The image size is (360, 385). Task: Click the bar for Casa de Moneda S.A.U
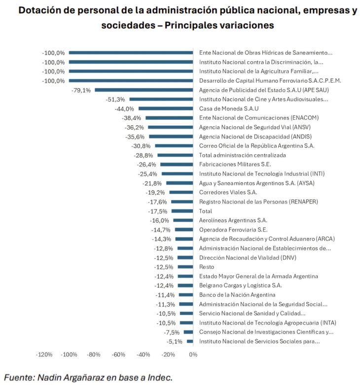click(166, 109)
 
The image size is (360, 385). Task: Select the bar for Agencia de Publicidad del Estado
click(144, 90)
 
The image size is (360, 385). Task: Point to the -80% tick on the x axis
click(94, 354)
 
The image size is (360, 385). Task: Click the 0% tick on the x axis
click(193, 354)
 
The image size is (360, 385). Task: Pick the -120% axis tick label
click(44, 354)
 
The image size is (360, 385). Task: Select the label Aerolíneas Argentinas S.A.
click(233, 220)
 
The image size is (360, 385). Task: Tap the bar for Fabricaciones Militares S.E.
click(177, 165)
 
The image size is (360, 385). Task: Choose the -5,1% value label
click(175, 341)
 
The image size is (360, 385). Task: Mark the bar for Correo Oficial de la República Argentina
click(174, 146)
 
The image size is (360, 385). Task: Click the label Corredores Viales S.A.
click(228, 192)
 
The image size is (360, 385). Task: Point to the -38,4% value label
click(132, 118)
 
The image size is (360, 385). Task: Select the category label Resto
click(207, 267)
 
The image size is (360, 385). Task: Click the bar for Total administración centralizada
click(175, 155)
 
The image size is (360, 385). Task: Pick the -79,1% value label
click(81, 90)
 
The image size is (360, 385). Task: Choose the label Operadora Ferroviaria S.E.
click(233, 230)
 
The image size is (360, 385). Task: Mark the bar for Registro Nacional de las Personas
click(182, 202)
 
